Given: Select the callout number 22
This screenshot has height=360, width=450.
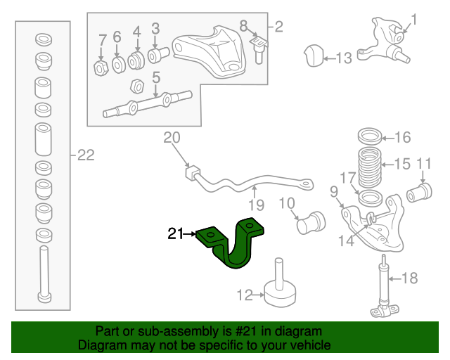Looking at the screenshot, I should [x=85, y=156].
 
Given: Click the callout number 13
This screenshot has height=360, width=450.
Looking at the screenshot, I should [x=343, y=58].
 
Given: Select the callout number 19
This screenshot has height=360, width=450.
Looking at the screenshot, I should [x=255, y=205].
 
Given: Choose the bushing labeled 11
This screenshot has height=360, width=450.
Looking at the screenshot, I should [x=421, y=191].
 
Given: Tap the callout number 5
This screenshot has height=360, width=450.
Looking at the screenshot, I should [x=156, y=77].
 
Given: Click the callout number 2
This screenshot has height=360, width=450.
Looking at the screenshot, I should [x=278, y=27].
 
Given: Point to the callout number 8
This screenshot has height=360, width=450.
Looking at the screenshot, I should [x=243, y=25].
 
